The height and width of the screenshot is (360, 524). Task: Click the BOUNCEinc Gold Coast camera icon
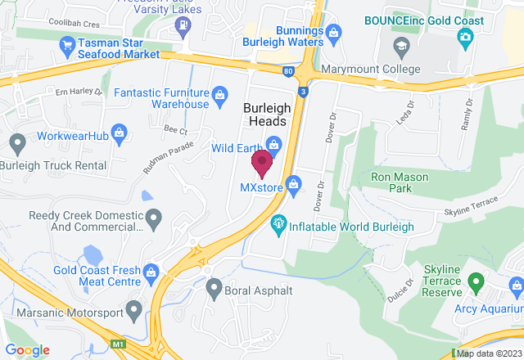click(465, 36)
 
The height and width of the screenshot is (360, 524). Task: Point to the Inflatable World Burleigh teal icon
click(278, 221)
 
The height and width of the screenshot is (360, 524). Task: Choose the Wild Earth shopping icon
click(273, 146)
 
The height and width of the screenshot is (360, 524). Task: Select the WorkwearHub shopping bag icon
click(120, 131)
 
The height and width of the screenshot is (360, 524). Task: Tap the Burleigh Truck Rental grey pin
click(17, 146)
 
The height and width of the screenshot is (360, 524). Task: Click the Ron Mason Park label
click(399, 182)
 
